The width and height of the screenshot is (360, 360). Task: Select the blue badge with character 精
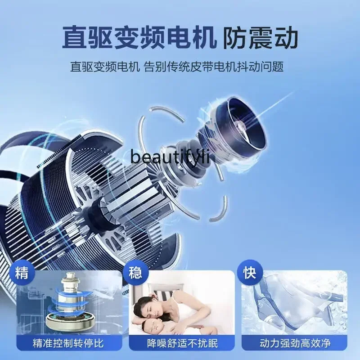pyautogui.click(x=22, y=273)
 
